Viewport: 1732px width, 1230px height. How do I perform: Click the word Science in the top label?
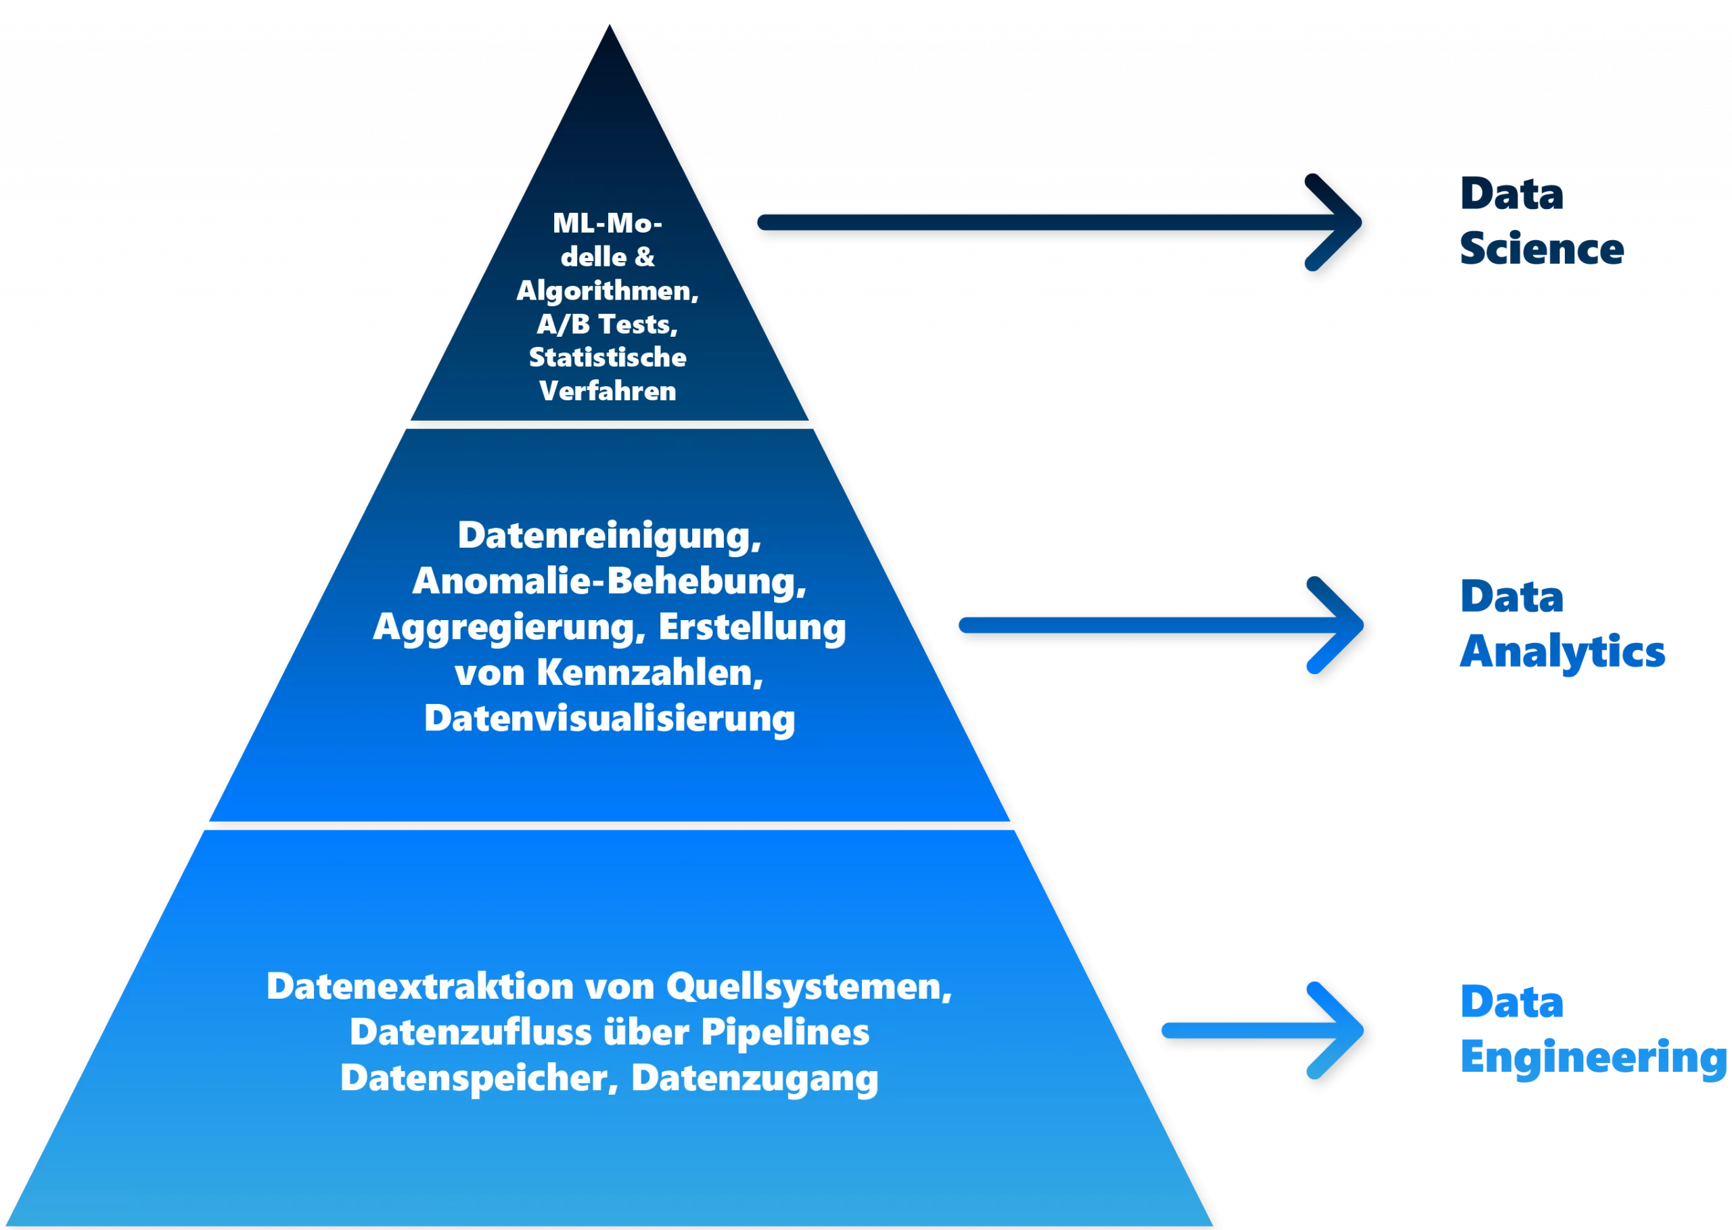click(1542, 250)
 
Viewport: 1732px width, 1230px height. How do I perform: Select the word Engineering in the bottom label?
click(1594, 1058)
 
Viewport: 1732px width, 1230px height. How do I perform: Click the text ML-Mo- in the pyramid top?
click(608, 223)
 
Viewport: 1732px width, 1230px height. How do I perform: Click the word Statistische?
click(608, 358)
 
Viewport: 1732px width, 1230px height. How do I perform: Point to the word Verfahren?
click(608, 391)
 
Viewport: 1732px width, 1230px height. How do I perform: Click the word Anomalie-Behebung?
click(608, 582)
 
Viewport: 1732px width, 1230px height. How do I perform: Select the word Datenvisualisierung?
click(609, 718)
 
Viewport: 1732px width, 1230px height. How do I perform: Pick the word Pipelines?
click(785, 1033)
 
